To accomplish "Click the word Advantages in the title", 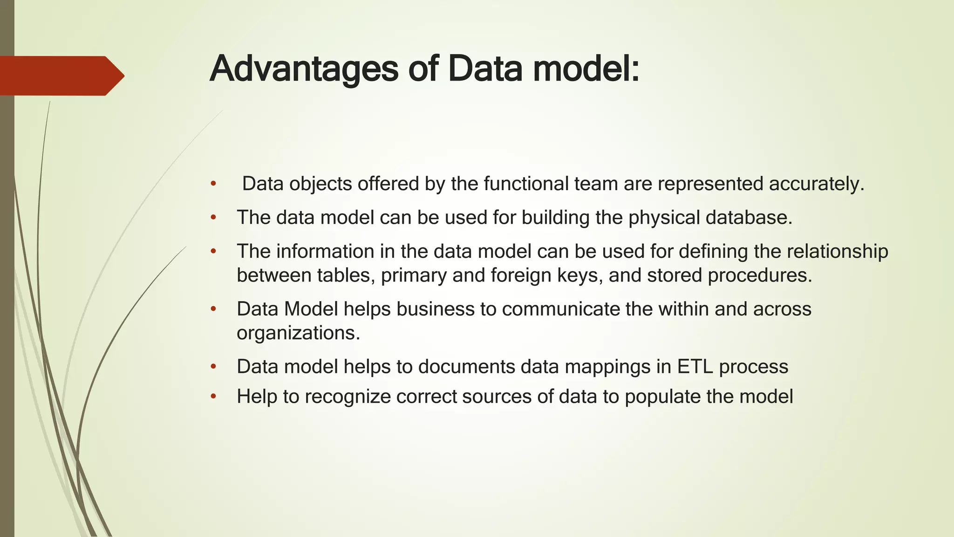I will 304,69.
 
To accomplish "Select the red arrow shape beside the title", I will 61,76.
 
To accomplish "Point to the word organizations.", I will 298,333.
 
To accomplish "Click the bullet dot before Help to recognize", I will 213,397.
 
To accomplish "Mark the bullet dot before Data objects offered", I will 213,184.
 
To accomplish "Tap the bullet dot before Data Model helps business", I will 213,309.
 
